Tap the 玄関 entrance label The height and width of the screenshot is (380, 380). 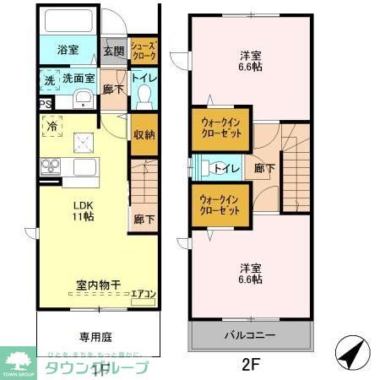click(x=114, y=51)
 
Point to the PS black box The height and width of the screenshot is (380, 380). click(x=45, y=105)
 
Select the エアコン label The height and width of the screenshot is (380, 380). click(x=142, y=294)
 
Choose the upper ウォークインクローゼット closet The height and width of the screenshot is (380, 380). click(x=220, y=128)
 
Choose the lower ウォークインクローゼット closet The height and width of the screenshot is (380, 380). click(x=220, y=205)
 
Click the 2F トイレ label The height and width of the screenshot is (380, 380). click(x=229, y=168)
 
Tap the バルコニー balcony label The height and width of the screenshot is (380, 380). click(x=249, y=335)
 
